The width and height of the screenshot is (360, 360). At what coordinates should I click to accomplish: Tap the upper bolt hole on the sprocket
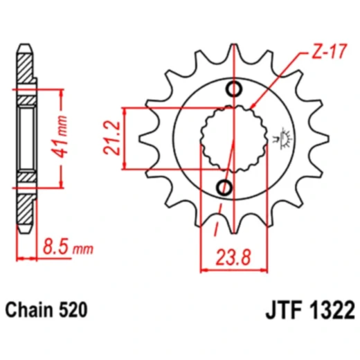pos(235,89)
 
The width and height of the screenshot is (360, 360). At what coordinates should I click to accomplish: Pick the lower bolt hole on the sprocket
pos(225,186)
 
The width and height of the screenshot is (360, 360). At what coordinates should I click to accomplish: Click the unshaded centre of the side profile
pos(26,138)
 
